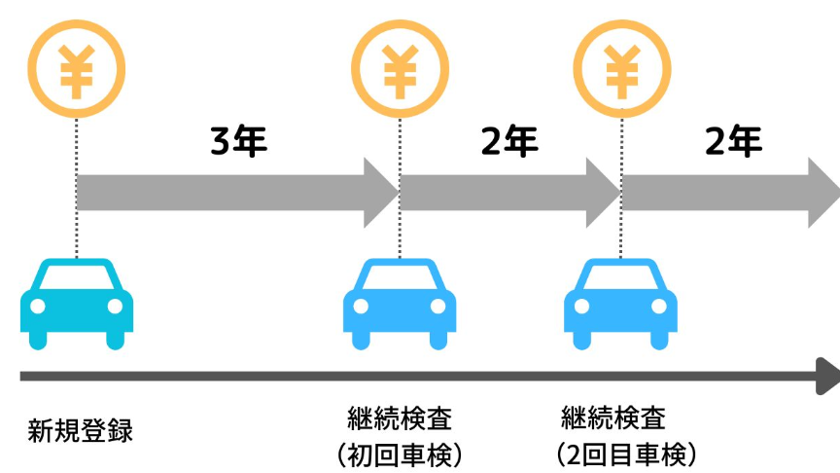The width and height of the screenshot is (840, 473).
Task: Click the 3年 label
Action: click(238, 143)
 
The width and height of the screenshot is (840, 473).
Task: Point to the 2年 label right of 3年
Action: click(508, 143)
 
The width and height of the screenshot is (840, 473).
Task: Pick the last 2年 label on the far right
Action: click(733, 143)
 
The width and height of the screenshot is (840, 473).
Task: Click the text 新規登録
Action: click(80, 430)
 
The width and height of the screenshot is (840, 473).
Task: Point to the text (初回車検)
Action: click(399, 454)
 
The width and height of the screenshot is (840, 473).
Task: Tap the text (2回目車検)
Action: click(626, 454)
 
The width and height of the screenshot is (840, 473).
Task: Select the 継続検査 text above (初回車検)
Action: click(400, 420)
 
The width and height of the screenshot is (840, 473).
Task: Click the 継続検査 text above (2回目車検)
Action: click(613, 419)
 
